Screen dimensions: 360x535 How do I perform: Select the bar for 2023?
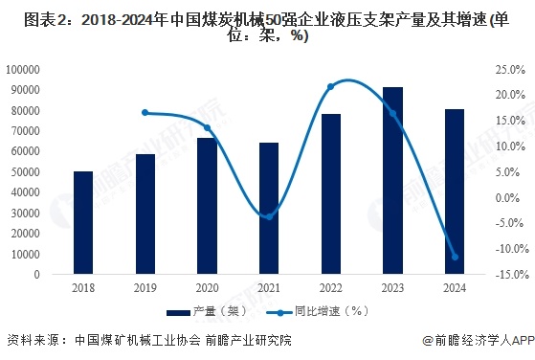392,181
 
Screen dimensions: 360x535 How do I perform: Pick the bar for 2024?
455,191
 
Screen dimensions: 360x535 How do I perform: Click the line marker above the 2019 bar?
145,113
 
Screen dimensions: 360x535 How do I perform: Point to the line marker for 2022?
331,87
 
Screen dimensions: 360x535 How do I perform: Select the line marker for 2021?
269,216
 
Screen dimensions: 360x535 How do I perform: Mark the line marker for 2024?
455,257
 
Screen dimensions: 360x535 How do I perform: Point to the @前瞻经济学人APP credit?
474,341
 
